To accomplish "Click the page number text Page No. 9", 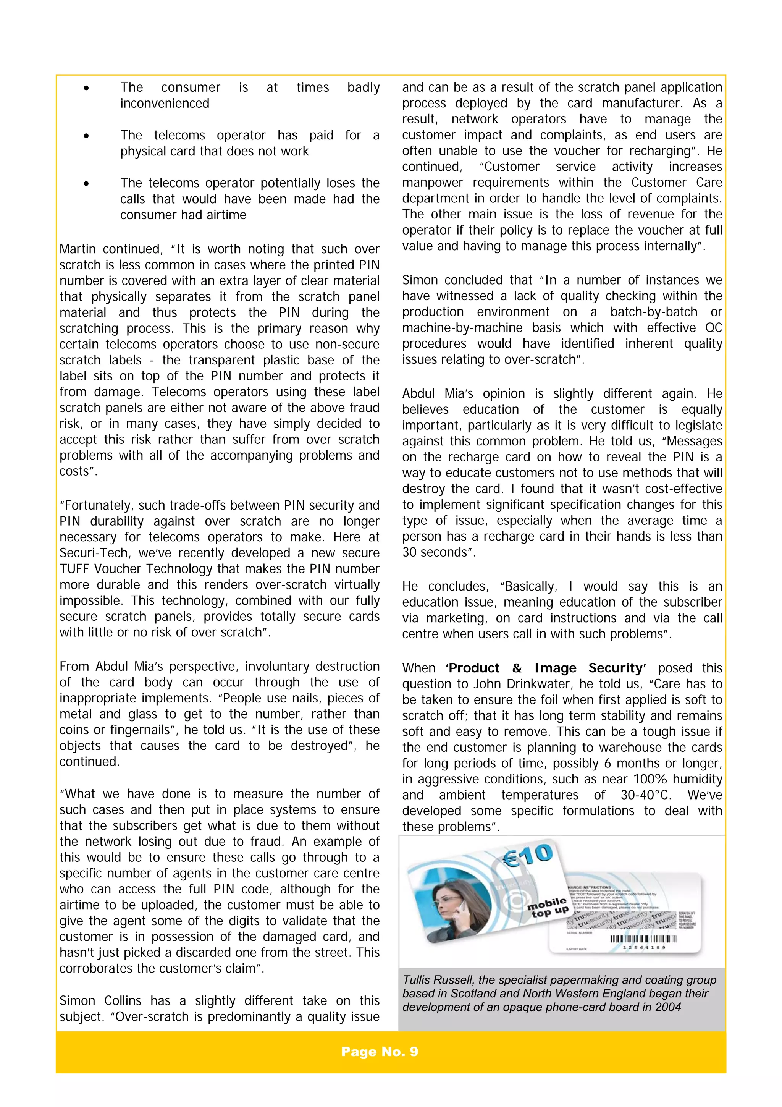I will click(379, 1052).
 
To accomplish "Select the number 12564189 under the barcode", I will click(644, 947).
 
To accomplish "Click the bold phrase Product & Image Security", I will click(545, 668).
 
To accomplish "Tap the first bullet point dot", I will click(86, 88).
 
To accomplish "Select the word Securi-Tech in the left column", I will click(90, 553).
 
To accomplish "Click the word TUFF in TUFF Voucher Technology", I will click(74, 569).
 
